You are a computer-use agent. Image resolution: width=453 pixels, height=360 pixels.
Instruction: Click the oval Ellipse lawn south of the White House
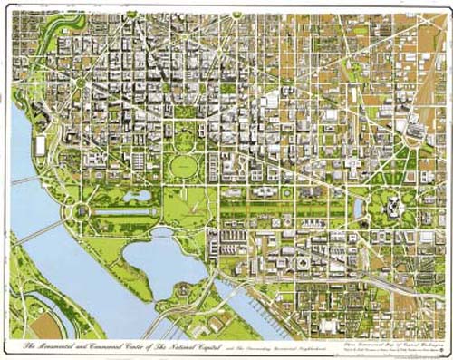click(x=185, y=166)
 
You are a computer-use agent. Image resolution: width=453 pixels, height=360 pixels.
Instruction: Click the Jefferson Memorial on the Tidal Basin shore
click(x=182, y=288)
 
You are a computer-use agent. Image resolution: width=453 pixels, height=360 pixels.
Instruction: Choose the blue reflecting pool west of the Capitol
click(x=360, y=209)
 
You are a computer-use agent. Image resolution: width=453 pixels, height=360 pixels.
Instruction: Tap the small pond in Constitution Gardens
click(x=138, y=195)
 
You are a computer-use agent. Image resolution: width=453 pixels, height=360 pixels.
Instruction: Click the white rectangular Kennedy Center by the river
click(x=40, y=145)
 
